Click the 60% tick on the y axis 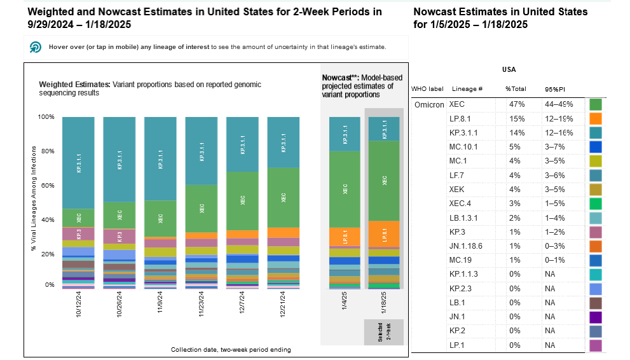[x=47, y=186]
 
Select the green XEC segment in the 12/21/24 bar [x=284, y=197]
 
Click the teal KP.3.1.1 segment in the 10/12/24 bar [x=78, y=162]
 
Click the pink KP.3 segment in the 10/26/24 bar [x=120, y=236]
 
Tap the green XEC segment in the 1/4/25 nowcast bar [x=345, y=189]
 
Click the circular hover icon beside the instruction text [x=36, y=48]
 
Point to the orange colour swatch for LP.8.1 [x=596, y=118]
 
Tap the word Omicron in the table [x=429, y=104]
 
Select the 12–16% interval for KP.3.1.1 [x=559, y=132]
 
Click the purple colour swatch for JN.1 [x=596, y=316]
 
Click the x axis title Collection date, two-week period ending [x=231, y=350]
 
